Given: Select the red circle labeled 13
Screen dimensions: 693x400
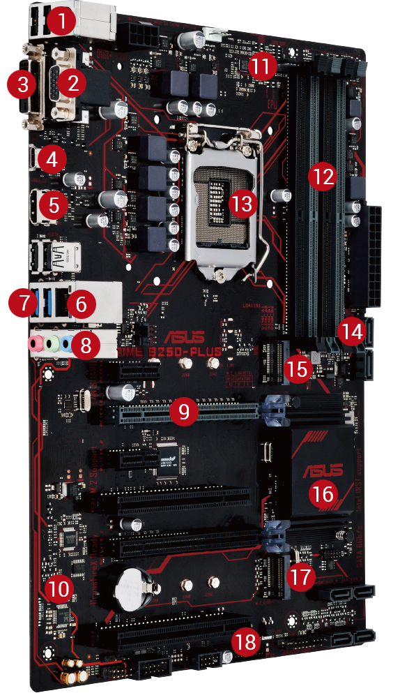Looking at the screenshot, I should (x=243, y=204).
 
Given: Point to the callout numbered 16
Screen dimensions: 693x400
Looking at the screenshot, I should (x=323, y=494).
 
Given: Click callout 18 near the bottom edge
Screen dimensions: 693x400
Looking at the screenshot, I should (x=246, y=642).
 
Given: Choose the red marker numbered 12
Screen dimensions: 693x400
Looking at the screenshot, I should (x=321, y=177).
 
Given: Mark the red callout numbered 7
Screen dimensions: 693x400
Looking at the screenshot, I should (x=21, y=304).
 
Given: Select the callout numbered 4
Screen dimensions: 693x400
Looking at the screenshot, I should (x=51, y=159).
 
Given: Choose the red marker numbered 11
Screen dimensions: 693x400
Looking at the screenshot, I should (x=262, y=67).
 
